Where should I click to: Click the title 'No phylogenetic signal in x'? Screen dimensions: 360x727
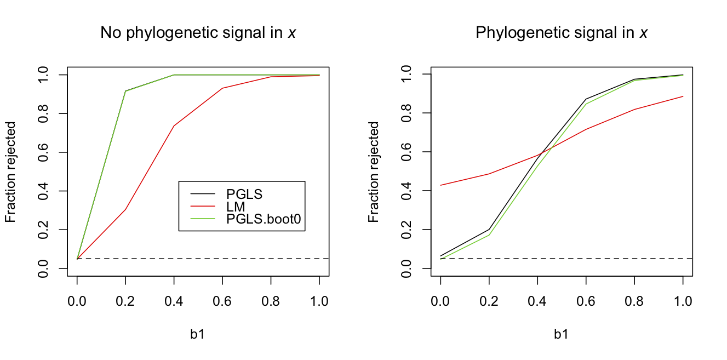tap(198, 33)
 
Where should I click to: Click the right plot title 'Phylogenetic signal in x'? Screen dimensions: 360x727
tap(561, 33)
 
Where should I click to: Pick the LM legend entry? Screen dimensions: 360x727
tap(236, 207)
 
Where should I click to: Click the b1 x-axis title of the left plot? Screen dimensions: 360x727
tap(198, 335)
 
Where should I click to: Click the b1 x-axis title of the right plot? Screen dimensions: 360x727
tap(561, 335)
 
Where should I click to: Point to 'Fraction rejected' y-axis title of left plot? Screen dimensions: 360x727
tap(10, 172)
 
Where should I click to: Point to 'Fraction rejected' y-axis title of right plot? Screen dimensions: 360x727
tap(374, 172)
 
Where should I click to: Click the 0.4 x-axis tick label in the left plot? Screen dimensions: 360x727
tap(174, 301)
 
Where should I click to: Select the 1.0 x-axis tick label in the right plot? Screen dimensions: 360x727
tap(683, 301)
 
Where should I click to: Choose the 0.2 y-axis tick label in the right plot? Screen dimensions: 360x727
tap(406, 230)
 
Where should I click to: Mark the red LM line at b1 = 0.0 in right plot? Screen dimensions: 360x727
tap(440, 185)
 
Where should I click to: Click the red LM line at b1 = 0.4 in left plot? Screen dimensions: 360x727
tap(174, 126)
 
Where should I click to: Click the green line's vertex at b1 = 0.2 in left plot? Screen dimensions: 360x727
tap(125, 91)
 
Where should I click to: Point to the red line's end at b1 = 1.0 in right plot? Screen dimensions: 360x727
tap(683, 96)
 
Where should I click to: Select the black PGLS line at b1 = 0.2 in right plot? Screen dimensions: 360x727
tap(489, 230)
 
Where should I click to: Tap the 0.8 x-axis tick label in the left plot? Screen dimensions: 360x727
tap(271, 301)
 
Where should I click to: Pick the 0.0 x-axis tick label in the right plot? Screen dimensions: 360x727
tap(440, 301)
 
